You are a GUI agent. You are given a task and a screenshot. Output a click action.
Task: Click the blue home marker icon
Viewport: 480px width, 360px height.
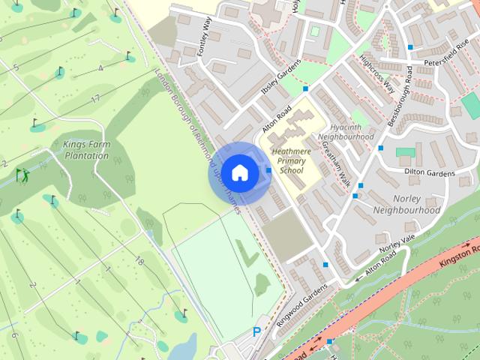click(239, 173)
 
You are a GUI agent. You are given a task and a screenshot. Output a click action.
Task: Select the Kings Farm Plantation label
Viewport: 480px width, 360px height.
click(86, 150)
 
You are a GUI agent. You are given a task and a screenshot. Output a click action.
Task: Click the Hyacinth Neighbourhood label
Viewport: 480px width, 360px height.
click(346, 133)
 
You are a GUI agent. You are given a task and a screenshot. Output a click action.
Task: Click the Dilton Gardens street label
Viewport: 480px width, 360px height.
click(430, 173)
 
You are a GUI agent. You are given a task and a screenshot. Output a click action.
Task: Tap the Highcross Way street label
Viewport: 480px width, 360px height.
click(376, 73)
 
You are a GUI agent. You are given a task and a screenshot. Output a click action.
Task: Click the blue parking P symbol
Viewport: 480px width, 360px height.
click(257, 331)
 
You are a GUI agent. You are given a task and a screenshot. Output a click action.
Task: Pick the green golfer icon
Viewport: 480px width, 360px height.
click(23, 175)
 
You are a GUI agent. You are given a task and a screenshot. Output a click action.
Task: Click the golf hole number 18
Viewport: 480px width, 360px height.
click(139, 261)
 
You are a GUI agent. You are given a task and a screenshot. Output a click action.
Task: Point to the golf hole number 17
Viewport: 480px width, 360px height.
click(95, 98)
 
